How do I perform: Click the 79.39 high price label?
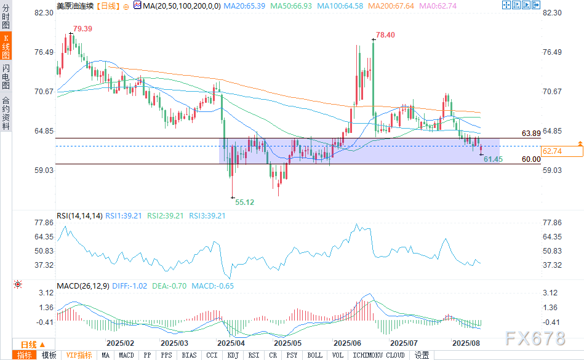(83, 29)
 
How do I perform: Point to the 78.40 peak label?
(385, 35)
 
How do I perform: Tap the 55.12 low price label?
(246, 202)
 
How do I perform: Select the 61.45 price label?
(494, 159)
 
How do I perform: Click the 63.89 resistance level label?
(531, 133)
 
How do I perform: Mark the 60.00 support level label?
(531, 159)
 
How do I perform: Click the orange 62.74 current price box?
(551, 151)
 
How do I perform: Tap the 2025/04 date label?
(231, 342)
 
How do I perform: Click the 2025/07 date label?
(404, 342)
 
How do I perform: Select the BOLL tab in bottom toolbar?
(314, 355)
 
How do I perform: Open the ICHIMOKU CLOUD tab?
(378, 355)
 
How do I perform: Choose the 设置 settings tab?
(422, 355)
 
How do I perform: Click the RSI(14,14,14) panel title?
(78, 216)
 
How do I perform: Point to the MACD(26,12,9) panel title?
(83, 286)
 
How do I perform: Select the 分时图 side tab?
(6, 18)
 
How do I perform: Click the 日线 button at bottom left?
(29, 344)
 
